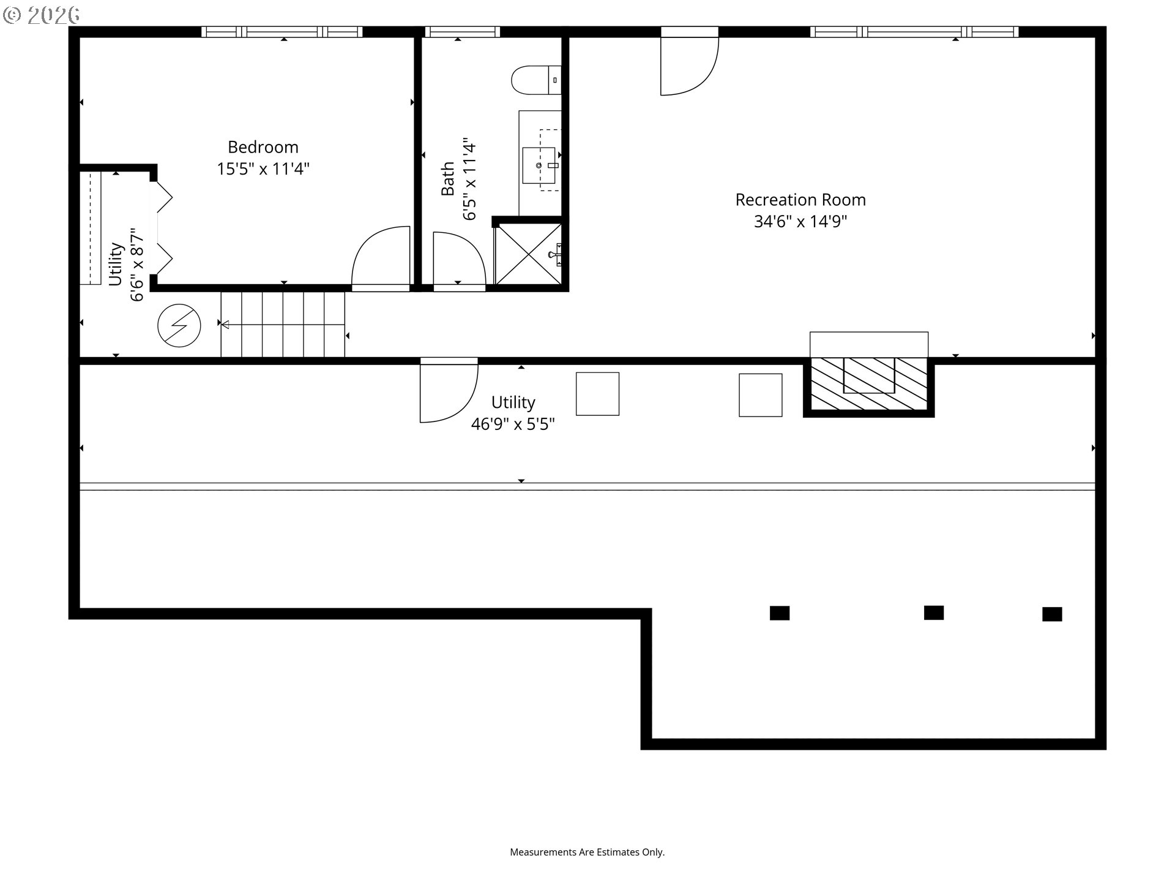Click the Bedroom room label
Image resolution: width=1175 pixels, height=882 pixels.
[263, 147]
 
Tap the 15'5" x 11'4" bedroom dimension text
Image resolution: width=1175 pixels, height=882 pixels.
[263, 168]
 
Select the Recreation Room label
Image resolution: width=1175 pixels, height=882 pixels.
[800, 200]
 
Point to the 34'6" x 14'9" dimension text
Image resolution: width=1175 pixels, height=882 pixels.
[800, 221]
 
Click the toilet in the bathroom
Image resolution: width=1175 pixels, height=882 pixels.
[536, 80]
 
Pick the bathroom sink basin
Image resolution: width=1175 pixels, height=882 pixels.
[539, 165]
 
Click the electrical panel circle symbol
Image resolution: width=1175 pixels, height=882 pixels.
[179, 326]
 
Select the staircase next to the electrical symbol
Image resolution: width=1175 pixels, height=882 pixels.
[283, 324]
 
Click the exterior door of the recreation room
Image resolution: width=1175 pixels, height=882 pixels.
[690, 61]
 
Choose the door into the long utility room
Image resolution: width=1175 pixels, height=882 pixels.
[449, 390]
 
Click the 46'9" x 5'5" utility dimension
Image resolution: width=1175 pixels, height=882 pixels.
[513, 424]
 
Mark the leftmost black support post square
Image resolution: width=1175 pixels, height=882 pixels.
[780, 613]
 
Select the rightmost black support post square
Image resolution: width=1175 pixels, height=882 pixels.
[1052, 614]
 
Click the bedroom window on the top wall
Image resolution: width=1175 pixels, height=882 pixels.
[282, 32]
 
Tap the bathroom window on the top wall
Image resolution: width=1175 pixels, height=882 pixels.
[463, 32]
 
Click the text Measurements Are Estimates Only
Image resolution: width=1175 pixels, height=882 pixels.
[587, 852]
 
